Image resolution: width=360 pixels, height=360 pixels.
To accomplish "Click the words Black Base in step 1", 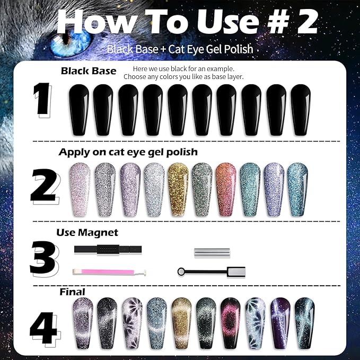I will [x=89, y=71].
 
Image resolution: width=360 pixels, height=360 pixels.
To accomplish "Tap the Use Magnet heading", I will [x=87, y=232].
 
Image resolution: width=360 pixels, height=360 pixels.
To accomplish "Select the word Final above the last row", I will [x=73, y=292].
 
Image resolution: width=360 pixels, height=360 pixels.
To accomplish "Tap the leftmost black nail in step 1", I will [x=79, y=110].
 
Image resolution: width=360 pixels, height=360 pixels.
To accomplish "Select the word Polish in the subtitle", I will [x=238, y=49].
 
